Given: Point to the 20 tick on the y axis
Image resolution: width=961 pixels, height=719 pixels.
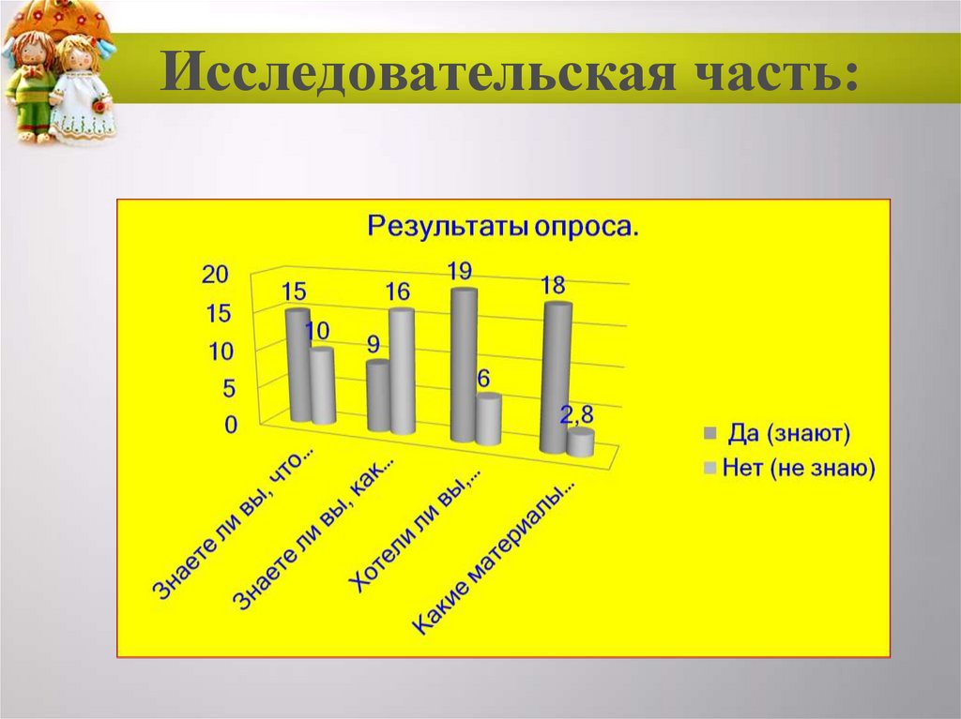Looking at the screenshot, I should [215, 274].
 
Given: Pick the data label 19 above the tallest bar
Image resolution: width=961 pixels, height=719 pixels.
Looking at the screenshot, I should [459, 272].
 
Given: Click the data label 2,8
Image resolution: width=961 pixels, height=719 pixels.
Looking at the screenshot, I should [578, 415].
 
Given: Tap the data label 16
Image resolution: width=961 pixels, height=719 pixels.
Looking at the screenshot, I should [397, 292].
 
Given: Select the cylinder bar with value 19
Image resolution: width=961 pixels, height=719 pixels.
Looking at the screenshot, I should [463, 366].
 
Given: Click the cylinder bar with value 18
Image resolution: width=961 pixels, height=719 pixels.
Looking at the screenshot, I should [556, 380].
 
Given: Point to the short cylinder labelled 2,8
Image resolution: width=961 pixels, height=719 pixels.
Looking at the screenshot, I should [581, 442].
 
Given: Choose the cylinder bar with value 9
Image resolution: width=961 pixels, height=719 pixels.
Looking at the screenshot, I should [378, 397].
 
